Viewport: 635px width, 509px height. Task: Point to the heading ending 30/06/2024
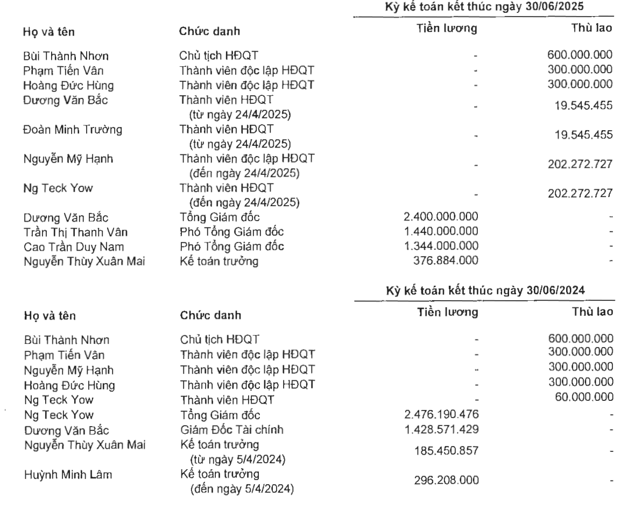point(483,291)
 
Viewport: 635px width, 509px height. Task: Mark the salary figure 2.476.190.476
point(440,414)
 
